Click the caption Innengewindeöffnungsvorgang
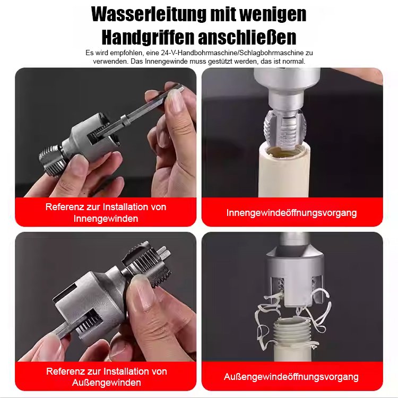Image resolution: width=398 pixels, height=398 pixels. [291, 213]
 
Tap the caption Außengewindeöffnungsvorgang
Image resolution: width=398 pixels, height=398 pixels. [291, 377]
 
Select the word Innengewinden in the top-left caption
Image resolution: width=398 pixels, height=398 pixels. [106, 219]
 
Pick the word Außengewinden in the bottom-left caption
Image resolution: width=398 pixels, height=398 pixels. [106, 383]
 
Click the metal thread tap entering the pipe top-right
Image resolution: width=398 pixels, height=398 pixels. [287, 127]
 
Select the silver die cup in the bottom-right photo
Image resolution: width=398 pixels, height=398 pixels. [292, 265]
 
